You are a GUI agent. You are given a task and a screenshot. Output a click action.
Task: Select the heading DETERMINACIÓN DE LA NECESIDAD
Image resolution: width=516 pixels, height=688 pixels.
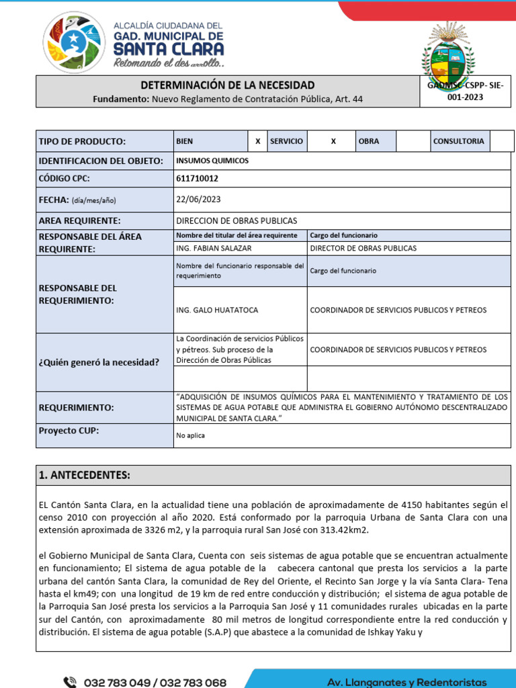[x=227, y=85]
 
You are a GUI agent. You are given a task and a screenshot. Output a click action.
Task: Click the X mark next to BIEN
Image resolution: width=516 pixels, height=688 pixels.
[x=257, y=142]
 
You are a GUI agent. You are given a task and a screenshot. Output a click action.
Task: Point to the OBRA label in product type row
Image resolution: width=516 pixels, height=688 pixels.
[x=369, y=142]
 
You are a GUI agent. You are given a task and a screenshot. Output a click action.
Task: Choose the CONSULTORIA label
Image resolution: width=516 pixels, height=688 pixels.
[x=458, y=142]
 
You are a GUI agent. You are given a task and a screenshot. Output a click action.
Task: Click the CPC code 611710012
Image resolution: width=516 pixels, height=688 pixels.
[x=197, y=179]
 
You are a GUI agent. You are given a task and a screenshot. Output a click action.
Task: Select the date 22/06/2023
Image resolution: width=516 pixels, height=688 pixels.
[x=198, y=200]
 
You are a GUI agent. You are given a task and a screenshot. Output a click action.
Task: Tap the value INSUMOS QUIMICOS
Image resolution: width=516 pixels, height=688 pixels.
[x=212, y=161]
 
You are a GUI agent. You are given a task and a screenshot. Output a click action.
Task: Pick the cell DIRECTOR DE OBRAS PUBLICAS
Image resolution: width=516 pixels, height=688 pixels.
[x=363, y=248]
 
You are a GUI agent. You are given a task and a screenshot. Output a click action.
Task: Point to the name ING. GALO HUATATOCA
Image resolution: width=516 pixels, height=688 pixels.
[x=216, y=310]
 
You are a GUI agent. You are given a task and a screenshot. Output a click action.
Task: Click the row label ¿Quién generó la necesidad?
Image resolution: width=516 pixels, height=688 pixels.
[x=99, y=363]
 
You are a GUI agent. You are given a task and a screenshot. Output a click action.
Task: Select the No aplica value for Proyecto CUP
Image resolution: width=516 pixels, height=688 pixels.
[x=190, y=435]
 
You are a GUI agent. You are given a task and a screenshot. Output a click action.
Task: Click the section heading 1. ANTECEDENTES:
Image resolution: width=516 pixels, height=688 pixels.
[x=85, y=475]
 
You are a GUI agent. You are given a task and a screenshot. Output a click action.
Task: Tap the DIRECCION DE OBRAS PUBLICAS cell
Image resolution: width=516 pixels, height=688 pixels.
[x=236, y=220]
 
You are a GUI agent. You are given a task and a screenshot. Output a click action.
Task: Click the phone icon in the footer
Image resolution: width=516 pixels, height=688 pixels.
[x=70, y=681]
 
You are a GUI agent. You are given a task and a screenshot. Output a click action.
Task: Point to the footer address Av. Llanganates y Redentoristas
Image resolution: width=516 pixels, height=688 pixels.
[x=406, y=682]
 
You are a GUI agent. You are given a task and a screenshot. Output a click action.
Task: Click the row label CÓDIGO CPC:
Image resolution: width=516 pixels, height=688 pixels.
[x=64, y=179]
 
